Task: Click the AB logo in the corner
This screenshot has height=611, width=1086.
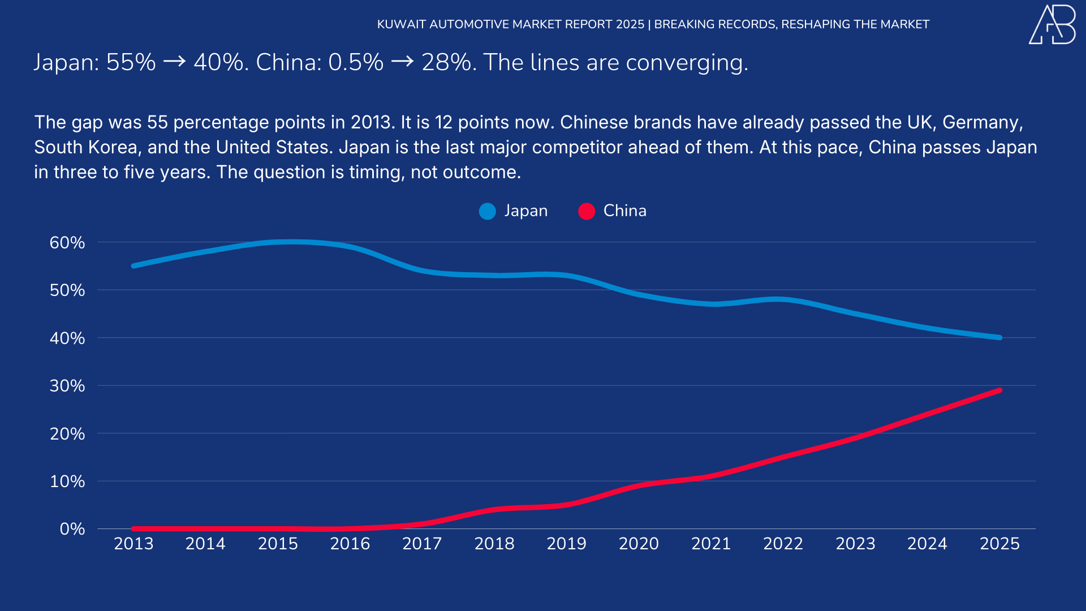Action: [1052, 25]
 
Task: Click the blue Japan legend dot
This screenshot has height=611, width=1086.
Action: [487, 211]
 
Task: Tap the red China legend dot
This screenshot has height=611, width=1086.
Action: [587, 211]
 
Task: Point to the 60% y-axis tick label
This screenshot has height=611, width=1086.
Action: [67, 243]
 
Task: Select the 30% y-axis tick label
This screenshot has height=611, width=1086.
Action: [67, 386]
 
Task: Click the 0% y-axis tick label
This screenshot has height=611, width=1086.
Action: [72, 529]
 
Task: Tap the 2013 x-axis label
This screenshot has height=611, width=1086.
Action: [133, 544]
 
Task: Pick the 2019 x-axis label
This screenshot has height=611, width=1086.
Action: [566, 544]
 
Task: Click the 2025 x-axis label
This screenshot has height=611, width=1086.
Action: [999, 544]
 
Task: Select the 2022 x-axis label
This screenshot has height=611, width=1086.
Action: [783, 544]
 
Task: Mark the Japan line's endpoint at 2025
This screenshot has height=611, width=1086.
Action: [999, 338]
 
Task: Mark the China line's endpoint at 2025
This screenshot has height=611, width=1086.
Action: [999, 390]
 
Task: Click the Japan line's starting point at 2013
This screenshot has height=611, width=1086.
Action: [133, 266]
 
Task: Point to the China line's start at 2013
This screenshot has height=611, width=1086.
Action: [133, 529]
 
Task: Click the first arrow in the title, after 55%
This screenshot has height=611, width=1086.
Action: [174, 61]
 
